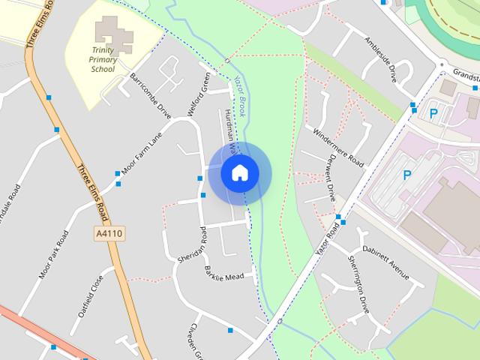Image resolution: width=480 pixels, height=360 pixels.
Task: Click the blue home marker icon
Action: click(240, 172)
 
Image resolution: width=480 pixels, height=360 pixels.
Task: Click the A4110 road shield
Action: click(109, 235)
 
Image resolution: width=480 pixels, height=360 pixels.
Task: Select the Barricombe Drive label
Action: click(151, 96)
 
